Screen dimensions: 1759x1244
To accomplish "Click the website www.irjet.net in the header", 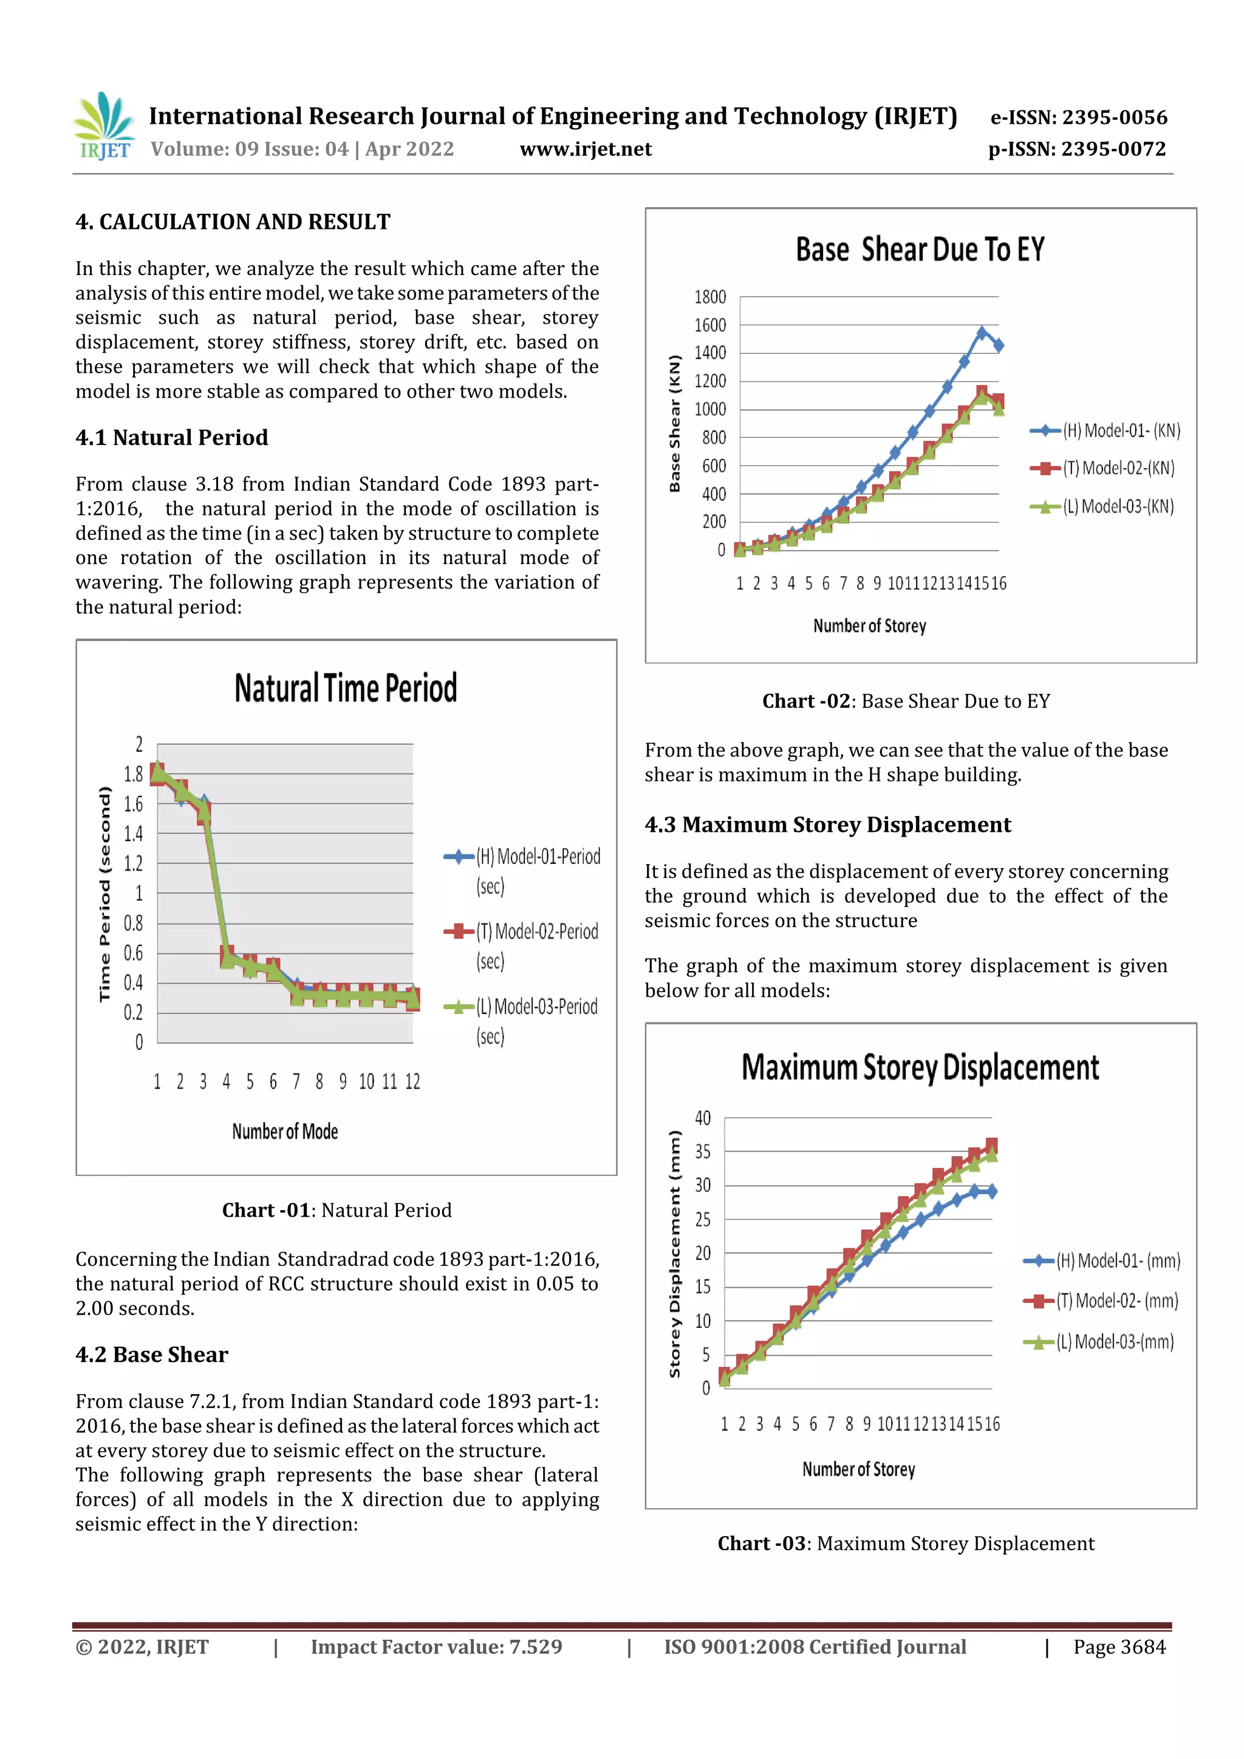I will point(586,149).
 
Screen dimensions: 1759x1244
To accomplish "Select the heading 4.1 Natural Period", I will point(172,437).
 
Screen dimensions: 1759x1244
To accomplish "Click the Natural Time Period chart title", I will point(346,688).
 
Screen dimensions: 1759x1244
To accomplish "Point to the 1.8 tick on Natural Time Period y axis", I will point(134,774).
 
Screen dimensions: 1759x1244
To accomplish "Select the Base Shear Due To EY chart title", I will point(920,250).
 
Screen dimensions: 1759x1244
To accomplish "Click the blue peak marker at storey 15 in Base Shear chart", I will point(982,333).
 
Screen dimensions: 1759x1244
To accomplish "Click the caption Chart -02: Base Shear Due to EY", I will point(906,701).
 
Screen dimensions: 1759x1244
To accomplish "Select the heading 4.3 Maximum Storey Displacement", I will point(828,825).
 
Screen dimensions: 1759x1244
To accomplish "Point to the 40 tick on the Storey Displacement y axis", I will point(703,1118).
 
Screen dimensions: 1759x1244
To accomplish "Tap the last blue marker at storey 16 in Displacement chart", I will point(992,1191).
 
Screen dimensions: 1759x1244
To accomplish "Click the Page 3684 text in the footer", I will point(1119,1647).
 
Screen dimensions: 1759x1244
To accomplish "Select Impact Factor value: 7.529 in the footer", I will point(436,1647).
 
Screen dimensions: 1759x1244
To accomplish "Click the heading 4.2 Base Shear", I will point(152,1355).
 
